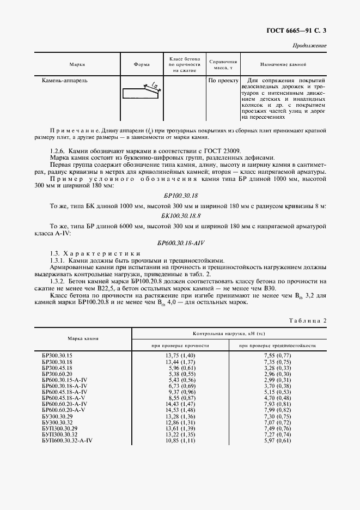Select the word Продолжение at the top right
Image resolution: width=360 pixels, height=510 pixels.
309,46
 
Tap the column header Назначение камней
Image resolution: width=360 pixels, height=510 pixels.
283,64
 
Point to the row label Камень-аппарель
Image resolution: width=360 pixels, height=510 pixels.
65,80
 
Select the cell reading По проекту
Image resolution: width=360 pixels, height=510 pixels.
223,80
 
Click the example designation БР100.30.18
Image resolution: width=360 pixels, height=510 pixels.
180,195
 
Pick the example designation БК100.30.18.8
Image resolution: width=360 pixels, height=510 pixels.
180,215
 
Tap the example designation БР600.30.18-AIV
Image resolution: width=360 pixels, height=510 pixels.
180,243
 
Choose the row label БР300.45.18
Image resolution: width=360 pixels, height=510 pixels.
57,368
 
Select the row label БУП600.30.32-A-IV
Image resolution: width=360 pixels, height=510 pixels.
67,440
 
